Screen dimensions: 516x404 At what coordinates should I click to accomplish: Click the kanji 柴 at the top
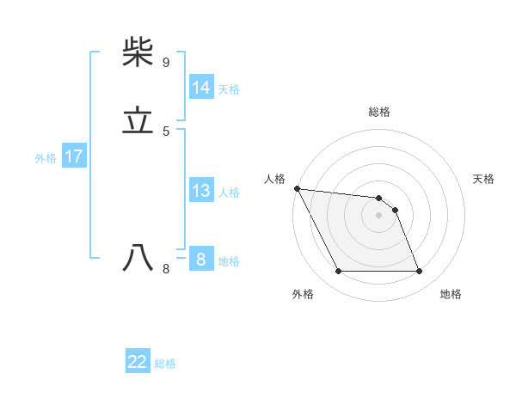click(x=138, y=52)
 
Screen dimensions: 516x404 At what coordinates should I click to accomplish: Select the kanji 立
click(x=138, y=121)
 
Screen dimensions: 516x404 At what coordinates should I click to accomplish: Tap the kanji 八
click(x=138, y=257)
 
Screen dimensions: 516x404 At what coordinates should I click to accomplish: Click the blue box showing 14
click(x=200, y=88)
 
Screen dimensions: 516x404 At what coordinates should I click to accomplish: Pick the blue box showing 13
click(x=200, y=191)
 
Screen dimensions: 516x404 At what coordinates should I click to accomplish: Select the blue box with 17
click(x=73, y=157)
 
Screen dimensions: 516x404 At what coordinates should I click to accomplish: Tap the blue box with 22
click(x=138, y=363)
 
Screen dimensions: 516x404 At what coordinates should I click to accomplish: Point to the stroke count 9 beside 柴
click(x=165, y=63)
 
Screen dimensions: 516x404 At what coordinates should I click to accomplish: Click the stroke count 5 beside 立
click(x=165, y=132)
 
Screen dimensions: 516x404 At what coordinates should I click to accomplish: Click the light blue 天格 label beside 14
click(x=229, y=89)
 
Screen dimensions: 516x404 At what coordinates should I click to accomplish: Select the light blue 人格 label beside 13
click(x=229, y=193)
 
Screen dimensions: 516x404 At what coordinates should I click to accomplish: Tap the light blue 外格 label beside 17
click(x=46, y=158)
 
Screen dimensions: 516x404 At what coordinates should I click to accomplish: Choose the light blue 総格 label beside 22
click(x=165, y=364)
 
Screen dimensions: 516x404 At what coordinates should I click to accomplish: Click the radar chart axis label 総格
click(x=378, y=112)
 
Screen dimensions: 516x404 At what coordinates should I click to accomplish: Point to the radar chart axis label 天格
click(x=484, y=179)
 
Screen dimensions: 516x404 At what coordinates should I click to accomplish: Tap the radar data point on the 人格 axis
click(x=297, y=188)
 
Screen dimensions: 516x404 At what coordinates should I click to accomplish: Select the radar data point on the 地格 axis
click(x=419, y=272)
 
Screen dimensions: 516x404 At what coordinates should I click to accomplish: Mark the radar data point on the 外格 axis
click(x=338, y=272)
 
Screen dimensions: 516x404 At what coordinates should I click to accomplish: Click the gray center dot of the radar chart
click(x=378, y=215)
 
